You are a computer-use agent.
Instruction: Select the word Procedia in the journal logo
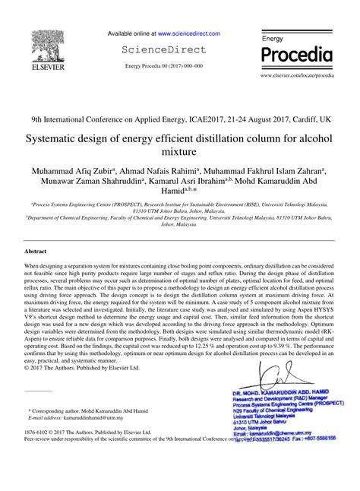[x=296, y=55]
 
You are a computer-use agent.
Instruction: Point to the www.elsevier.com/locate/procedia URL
[x=297, y=77]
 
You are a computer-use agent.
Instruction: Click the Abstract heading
[x=36, y=250]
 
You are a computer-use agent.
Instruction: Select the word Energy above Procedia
[x=272, y=38]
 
